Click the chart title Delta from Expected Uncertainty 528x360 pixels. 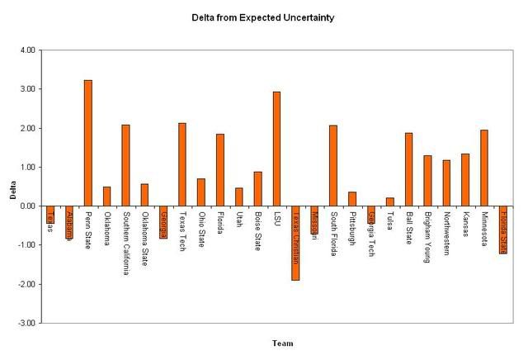pos(262,17)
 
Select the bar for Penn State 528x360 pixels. pos(88,142)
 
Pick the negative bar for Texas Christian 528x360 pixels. pos(295,243)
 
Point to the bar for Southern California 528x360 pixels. pos(125,165)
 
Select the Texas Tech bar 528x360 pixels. pos(182,164)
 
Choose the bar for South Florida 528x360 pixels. pos(332,165)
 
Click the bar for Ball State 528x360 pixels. pos(408,169)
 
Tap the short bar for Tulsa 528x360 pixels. pos(389,201)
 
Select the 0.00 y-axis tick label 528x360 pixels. pos(27,206)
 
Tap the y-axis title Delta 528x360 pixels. pos(12,197)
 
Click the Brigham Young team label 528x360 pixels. pos(427,237)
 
